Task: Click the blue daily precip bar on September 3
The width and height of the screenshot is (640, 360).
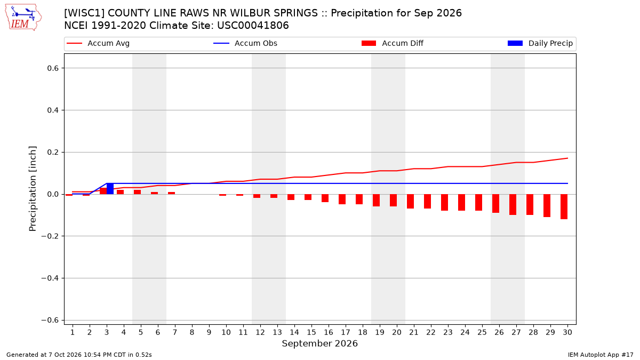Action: pos(110,189)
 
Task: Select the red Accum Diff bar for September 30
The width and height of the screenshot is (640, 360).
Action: pos(564,207)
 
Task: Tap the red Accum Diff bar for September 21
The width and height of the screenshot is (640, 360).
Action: pos(410,202)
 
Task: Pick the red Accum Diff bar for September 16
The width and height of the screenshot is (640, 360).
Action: pos(325,198)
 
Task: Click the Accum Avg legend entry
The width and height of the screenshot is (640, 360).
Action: pos(98,43)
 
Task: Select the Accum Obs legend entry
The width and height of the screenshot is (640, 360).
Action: pos(245,43)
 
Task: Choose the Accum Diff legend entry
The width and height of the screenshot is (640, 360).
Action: pos(393,43)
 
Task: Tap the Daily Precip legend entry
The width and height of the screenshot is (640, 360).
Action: pos(540,43)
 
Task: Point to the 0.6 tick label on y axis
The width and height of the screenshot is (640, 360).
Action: pos(53,68)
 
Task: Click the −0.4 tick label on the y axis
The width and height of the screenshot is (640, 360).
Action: pos(50,278)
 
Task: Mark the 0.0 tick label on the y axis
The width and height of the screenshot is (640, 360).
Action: pos(53,194)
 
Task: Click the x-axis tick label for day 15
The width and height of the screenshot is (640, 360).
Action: pos(311,332)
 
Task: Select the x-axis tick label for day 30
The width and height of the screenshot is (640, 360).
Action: pos(567,332)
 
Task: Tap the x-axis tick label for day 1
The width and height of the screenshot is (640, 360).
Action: pos(73,332)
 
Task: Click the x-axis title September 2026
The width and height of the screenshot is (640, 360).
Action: pos(319,343)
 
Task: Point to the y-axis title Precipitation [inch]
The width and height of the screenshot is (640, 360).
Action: pos(33,189)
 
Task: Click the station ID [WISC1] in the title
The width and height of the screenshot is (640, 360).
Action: pos(84,13)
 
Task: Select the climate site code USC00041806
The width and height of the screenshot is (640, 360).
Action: pos(253,26)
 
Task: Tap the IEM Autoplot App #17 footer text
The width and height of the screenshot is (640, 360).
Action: pos(601,355)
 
